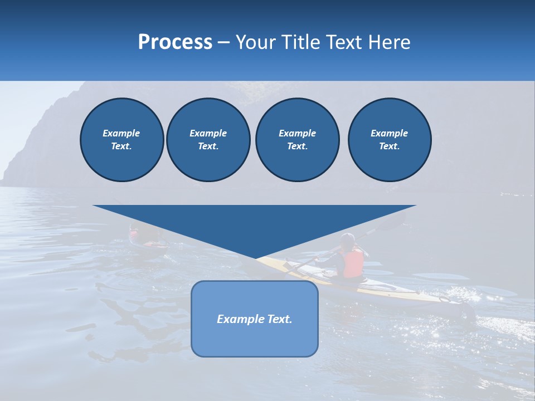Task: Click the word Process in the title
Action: (x=175, y=42)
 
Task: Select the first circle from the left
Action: (x=121, y=140)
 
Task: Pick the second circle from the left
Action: (x=208, y=140)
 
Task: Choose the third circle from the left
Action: (x=297, y=140)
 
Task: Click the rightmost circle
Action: (x=389, y=140)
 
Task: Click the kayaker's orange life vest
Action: (x=353, y=263)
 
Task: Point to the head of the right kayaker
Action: (x=348, y=240)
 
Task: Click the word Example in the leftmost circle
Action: (x=121, y=133)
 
